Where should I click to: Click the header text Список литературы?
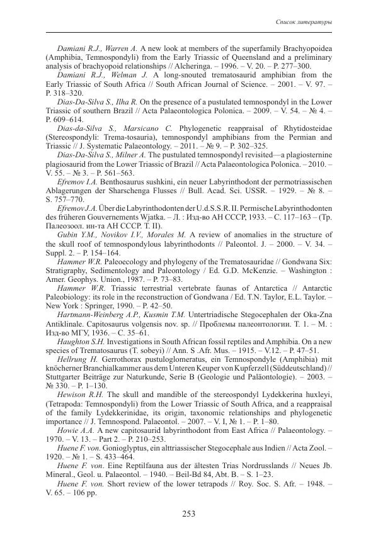pos(305,23)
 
